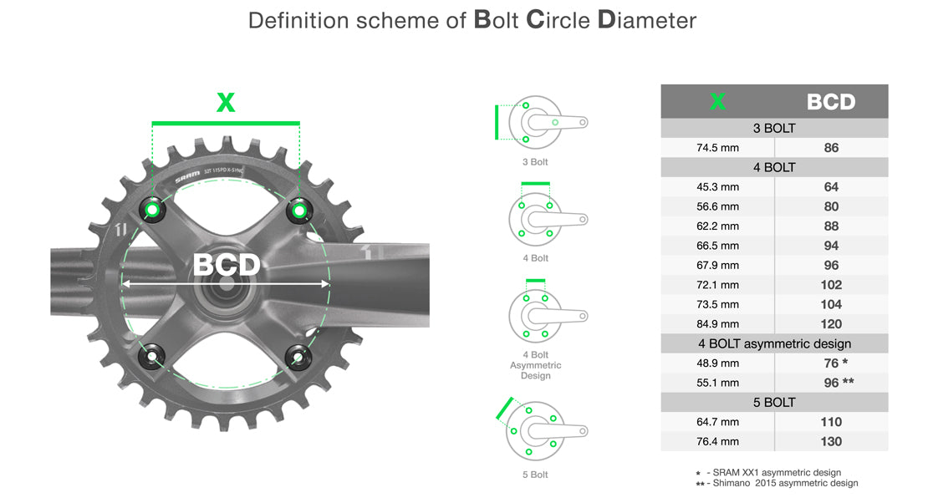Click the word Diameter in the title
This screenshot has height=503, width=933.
[x=648, y=20]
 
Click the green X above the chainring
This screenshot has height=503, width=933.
[x=226, y=103]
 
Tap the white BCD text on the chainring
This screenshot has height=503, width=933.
[x=227, y=265]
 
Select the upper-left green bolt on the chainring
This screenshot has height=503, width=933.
[x=153, y=209]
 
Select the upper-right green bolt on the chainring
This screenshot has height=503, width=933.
[x=298, y=210]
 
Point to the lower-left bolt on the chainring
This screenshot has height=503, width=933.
[x=153, y=358]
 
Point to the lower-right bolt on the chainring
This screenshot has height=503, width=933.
[x=297, y=358]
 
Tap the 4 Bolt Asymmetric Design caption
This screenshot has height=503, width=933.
[x=535, y=365]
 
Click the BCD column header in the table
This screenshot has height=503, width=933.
[x=831, y=102]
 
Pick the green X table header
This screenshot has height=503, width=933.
[x=717, y=102]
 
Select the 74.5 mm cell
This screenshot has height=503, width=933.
[x=717, y=148]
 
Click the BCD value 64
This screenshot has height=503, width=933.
[x=831, y=187]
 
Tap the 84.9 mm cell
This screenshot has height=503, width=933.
[x=717, y=324]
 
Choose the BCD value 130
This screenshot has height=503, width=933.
[x=831, y=441]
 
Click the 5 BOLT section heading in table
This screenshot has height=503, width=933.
[x=774, y=403]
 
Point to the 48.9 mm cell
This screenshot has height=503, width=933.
[x=717, y=363]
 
